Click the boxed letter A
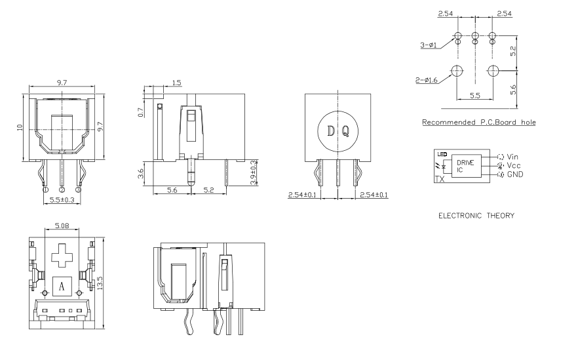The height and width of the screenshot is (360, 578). pyautogui.click(x=62, y=286)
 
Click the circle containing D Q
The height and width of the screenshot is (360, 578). pyautogui.click(x=337, y=130)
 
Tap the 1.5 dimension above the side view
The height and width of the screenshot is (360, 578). pyautogui.click(x=176, y=83)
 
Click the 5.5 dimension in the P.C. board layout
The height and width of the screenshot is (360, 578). pyautogui.click(x=475, y=96)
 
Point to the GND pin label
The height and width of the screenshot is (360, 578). pyautogui.click(x=514, y=174)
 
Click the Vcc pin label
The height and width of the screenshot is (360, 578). pyautogui.click(x=514, y=166)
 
